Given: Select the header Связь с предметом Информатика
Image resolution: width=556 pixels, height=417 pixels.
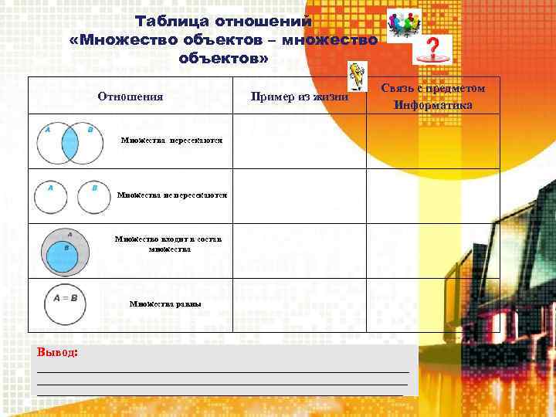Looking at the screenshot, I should pos(432,97).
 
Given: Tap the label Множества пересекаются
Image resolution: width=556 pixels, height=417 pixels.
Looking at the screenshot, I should pos(172,141).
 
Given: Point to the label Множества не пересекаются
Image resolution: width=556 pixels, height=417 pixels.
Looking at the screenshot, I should pos(172,195).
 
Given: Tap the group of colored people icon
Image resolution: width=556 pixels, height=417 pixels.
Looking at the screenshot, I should pos(402,24).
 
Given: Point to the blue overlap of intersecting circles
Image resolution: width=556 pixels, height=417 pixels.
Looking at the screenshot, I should pos(70,143).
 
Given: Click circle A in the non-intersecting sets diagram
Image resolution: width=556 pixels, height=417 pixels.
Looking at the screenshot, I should pos(50,197).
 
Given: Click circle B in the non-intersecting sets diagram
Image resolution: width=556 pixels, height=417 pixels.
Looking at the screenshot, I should pos(93,197).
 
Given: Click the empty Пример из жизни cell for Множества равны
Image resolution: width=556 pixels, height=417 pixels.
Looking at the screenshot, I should pos(300,305).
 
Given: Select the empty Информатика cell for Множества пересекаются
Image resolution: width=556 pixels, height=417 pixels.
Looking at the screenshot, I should pos(432,141).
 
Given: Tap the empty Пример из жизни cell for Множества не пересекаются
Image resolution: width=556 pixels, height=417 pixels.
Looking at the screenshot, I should pos(300,196).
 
